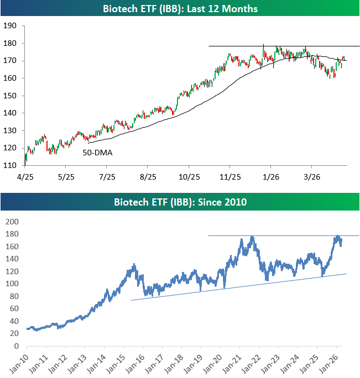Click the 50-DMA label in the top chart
(x=97, y=152)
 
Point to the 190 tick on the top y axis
(x=9, y=26)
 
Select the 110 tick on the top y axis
(x=9, y=165)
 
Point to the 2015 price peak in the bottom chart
(x=132, y=265)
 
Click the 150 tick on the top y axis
(x=9, y=96)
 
